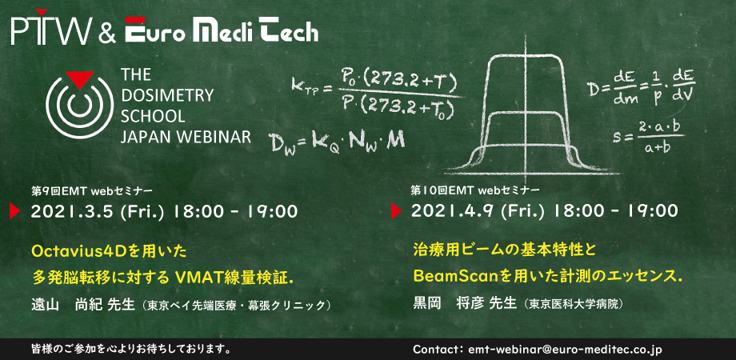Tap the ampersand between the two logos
[x=107, y=32]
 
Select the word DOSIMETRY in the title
[x=167, y=95]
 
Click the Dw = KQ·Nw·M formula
[x=336, y=141]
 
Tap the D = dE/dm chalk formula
[x=642, y=89]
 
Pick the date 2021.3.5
[x=72, y=211]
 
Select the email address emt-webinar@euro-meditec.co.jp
[x=563, y=350]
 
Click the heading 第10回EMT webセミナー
[x=474, y=190]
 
